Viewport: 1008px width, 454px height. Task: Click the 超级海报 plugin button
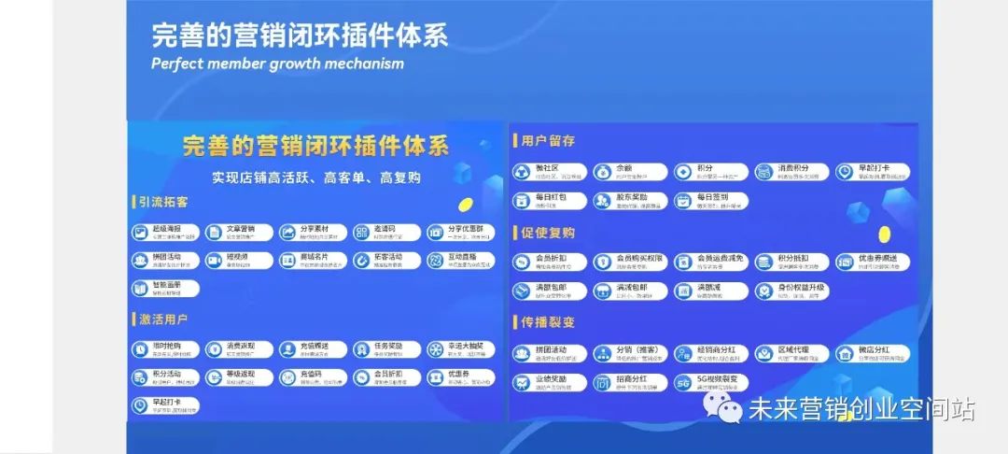(x=164, y=232)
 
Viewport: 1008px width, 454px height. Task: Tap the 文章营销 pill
(x=238, y=232)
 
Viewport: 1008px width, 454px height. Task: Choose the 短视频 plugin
(x=238, y=260)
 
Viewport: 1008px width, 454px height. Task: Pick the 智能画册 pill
(x=164, y=288)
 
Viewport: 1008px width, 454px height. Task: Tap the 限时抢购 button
(x=164, y=349)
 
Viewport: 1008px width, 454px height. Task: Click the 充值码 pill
(x=312, y=377)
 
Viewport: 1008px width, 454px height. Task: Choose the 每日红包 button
(x=550, y=200)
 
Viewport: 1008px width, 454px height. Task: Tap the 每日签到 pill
(x=710, y=200)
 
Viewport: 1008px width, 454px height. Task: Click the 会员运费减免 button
(x=710, y=262)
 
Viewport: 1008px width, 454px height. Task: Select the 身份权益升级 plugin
(x=791, y=290)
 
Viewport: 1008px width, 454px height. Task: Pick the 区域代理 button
(x=791, y=353)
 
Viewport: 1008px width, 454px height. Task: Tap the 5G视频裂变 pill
(x=710, y=382)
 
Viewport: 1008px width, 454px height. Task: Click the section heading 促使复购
(x=548, y=233)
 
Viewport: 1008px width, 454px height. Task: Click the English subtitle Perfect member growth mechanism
(x=277, y=64)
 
